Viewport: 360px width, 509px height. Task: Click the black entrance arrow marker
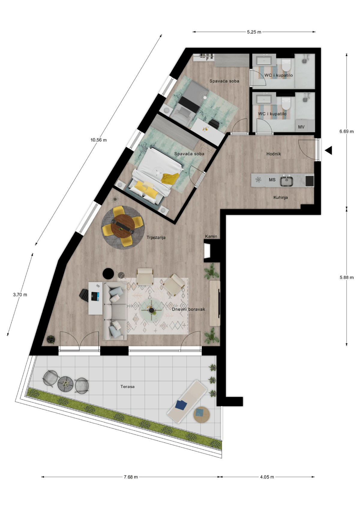pos(329,150)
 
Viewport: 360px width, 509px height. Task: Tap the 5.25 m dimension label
pos(254,32)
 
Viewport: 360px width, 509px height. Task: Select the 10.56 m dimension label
pos(98,140)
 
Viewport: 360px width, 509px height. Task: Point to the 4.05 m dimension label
pos(267,477)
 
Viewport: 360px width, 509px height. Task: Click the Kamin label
pos(211,236)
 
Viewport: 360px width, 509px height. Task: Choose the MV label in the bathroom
pos(301,127)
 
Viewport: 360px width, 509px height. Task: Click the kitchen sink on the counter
pos(286,181)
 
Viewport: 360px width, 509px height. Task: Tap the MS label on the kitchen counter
pos(272,180)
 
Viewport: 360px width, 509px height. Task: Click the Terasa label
pos(127,387)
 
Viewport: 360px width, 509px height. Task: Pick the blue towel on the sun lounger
pos(181,405)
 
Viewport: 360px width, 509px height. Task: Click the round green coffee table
pos(151,310)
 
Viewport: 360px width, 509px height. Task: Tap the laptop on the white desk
pos(95,296)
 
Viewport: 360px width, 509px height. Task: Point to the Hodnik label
pos(274,154)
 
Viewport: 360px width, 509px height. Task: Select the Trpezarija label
pos(156,238)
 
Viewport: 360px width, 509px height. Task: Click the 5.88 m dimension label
pos(346,277)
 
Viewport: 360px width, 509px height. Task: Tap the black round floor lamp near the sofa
pos(108,274)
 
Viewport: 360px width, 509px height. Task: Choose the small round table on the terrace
pos(65,384)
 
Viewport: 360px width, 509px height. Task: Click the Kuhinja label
pos(280,197)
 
